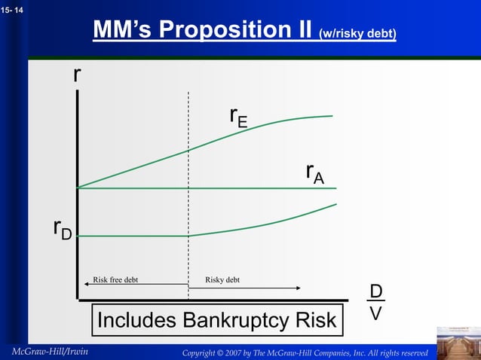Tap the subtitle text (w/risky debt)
[x=358, y=34]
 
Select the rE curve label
[x=238, y=117]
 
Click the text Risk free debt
[x=115, y=280]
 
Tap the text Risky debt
[x=222, y=280]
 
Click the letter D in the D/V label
[x=375, y=291]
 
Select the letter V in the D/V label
[x=375, y=312]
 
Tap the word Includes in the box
[x=135, y=321]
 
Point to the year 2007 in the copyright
[x=247, y=353]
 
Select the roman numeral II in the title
[x=299, y=30]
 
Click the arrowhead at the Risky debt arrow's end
[x=298, y=288]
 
